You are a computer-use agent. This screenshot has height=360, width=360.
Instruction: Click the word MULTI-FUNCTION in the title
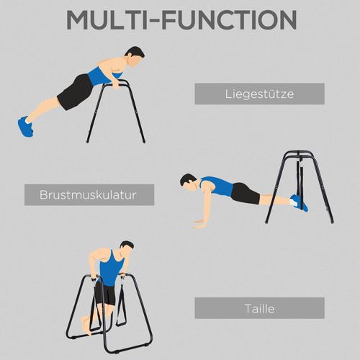[x=180, y=19]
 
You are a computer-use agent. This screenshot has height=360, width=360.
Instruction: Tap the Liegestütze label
[x=259, y=94]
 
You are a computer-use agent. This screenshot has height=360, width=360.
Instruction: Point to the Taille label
[x=259, y=307]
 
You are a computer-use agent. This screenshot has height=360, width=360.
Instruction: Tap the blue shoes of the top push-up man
[x=25, y=126]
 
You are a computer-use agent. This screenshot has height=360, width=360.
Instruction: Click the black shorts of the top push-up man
[x=74, y=93]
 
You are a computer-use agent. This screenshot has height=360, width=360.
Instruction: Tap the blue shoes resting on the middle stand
[x=298, y=202]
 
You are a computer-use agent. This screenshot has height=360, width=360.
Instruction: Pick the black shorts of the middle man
[x=245, y=193]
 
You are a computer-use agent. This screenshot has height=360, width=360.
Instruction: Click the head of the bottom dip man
[x=127, y=249]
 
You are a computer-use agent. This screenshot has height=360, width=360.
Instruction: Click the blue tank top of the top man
[x=105, y=75]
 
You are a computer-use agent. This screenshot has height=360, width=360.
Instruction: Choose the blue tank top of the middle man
[x=217, y=186]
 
